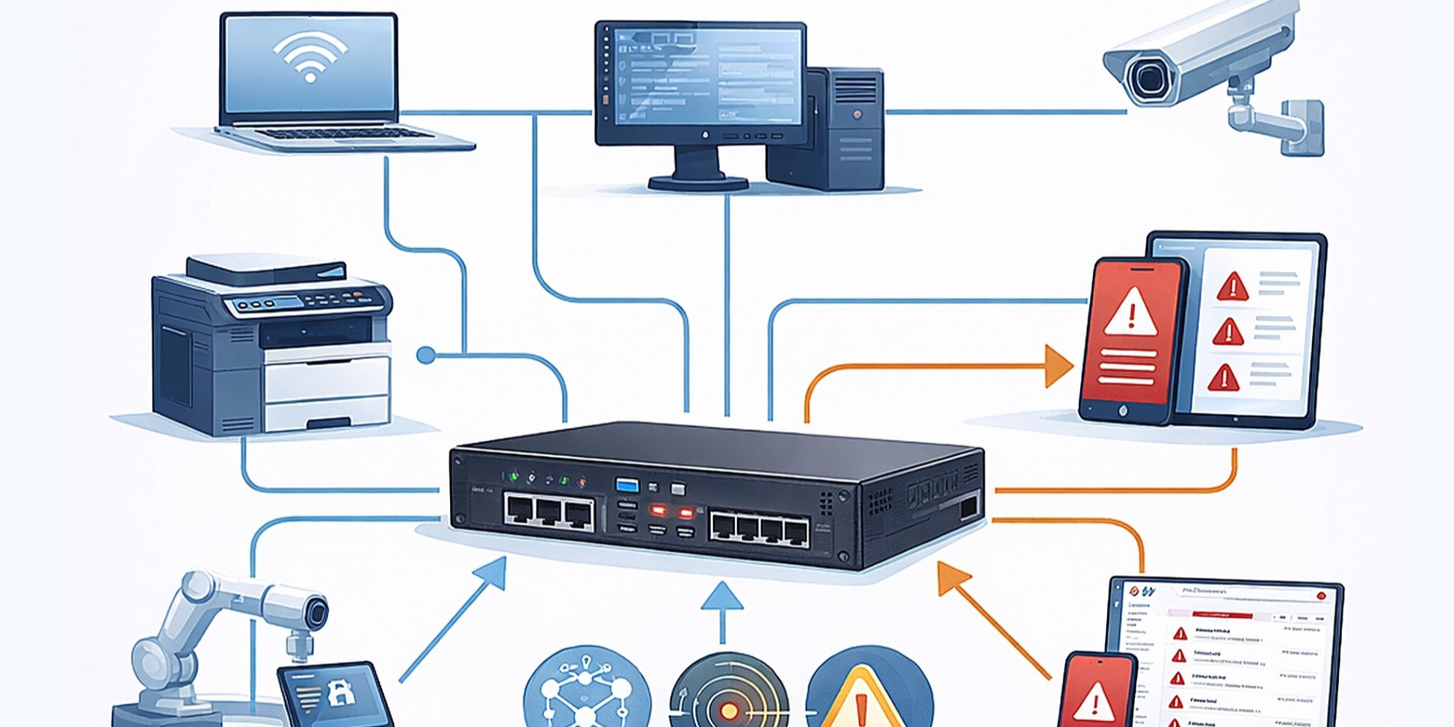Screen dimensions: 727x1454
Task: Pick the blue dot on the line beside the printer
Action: tap(426, 355)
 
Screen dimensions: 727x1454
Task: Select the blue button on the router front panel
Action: tap(627, 486)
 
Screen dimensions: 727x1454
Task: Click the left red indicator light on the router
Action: tap(658, 512)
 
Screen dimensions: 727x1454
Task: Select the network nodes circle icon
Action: tap(587, 691)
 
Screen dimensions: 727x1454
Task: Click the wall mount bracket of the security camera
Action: tap(1301, 127)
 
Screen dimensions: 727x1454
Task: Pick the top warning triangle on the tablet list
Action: tap(1232, 287)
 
